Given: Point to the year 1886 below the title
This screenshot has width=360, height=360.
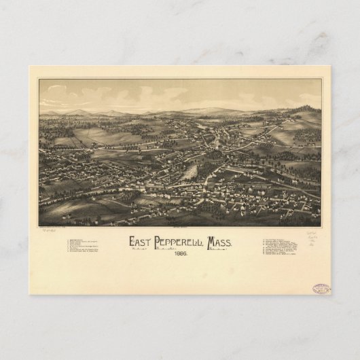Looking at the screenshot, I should click(181, 255).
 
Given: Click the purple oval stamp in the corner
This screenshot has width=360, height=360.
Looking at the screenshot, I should click(321, 289).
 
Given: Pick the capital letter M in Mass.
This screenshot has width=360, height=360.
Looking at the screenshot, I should click(215, 242).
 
